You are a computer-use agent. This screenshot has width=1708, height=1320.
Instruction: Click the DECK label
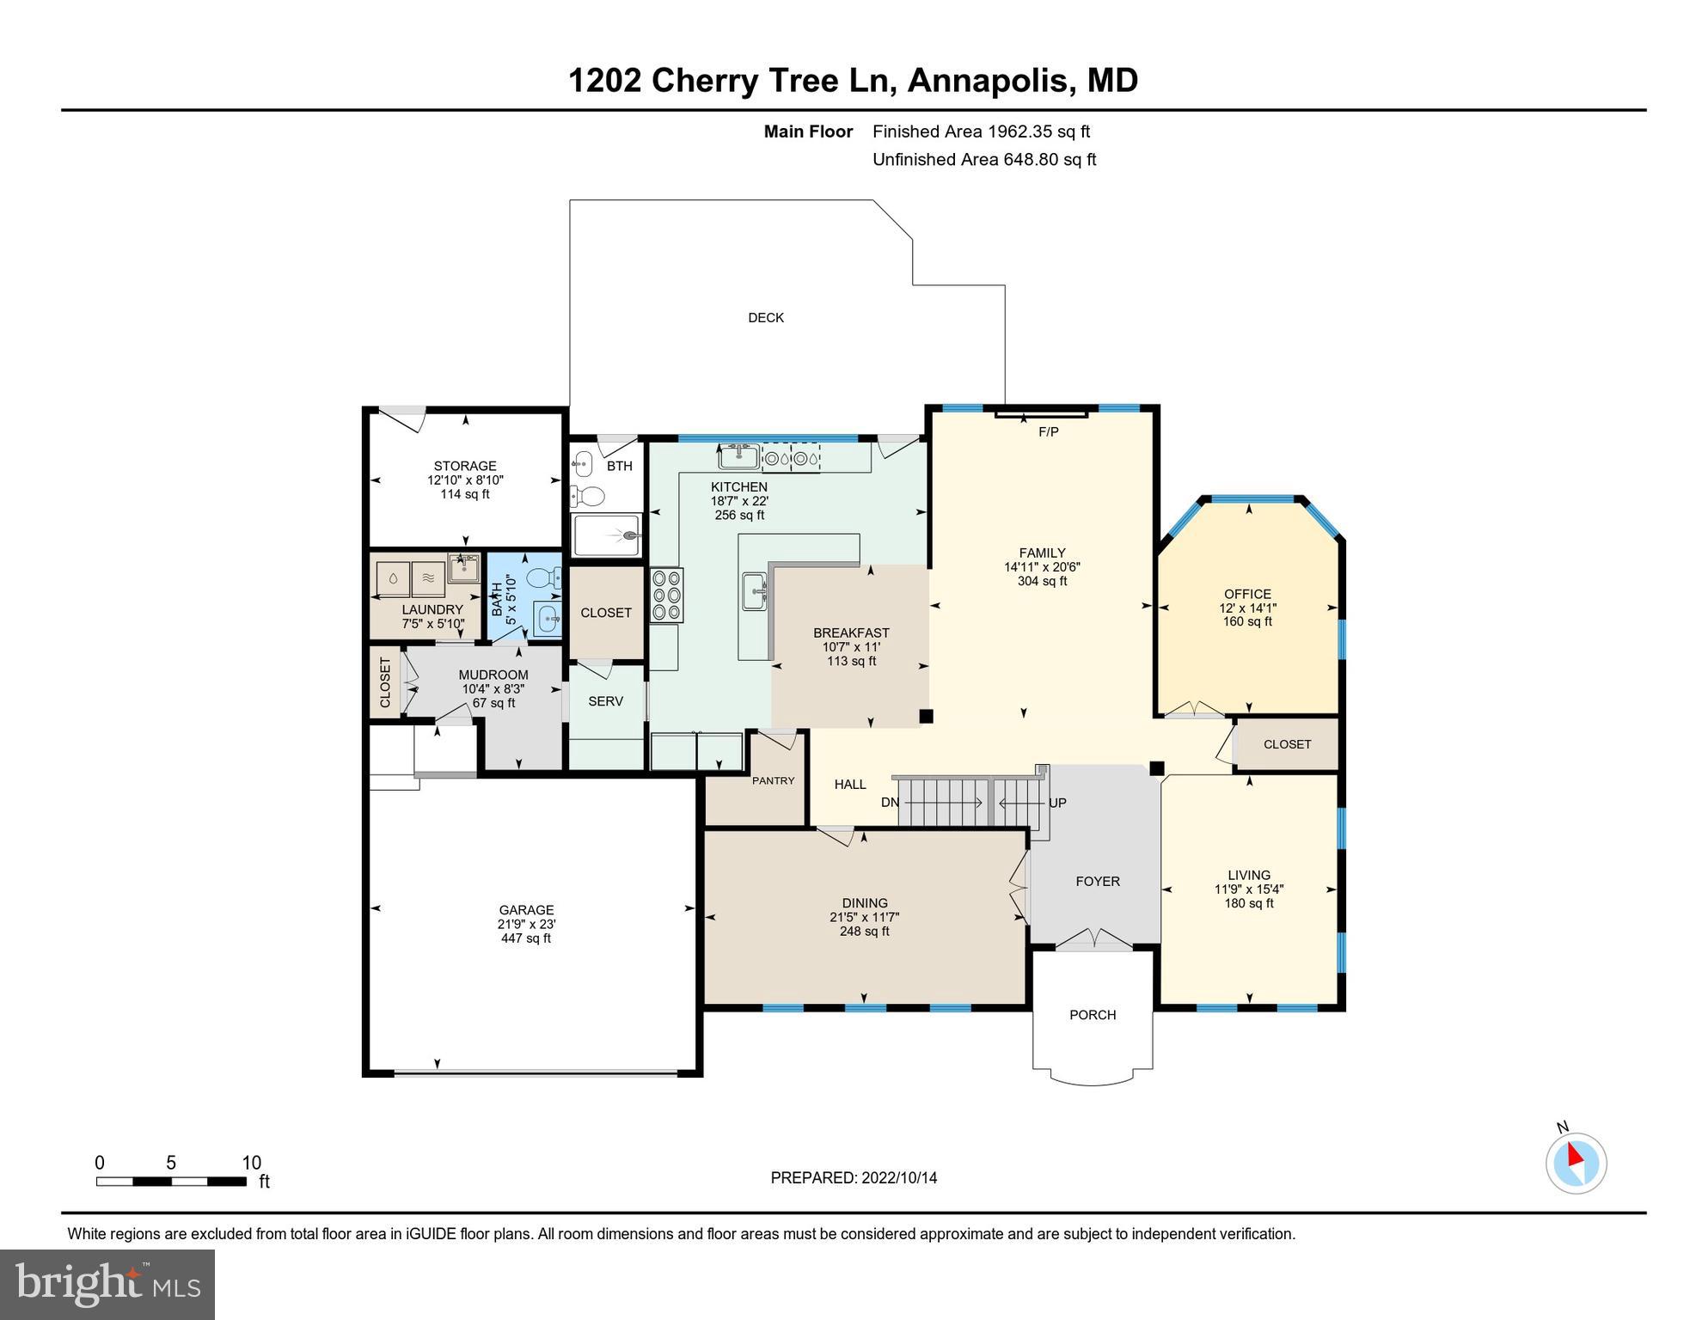(x=766, y=318)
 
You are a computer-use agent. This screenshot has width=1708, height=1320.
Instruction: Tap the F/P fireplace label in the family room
(x=1049, y=432)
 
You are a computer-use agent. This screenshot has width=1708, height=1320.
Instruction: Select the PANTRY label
(x=774, y=780)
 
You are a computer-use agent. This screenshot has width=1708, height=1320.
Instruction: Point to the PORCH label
(x=1093, y=1015)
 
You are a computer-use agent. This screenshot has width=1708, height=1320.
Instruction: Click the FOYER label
(x=1098, y=882)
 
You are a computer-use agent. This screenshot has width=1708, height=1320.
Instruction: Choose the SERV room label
(x=605, y=701)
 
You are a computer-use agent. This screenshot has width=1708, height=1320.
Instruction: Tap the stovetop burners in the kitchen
(x=666, y=595)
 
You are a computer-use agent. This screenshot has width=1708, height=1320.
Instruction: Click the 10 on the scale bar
(x=251, y=1163)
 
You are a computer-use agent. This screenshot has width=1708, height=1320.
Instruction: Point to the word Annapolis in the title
(x=989, y=80)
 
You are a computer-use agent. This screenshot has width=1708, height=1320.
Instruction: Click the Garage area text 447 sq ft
(x=526, y=938)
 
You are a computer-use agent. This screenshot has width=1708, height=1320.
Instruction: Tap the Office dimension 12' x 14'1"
(x=1247, y=608)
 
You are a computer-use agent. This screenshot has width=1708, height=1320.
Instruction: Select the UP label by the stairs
(x=1057, y=803)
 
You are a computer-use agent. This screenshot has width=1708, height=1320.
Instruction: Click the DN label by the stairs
(x=890, y=803)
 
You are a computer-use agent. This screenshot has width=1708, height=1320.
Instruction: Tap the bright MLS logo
(x=107, y=1283)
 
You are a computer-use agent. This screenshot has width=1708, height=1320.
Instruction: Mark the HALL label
(x=850, y=785)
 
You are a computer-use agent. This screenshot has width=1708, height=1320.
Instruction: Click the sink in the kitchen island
(x=754, y=591)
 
